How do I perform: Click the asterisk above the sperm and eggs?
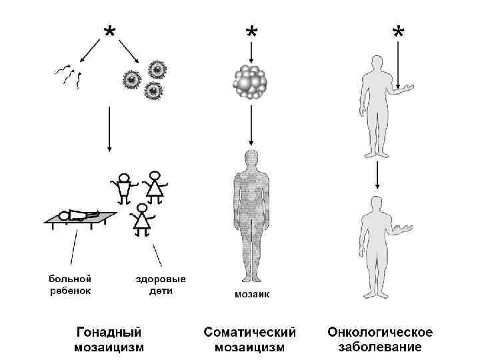(108, 31)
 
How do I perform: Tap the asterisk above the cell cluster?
(251, 33)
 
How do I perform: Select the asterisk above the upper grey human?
(398, 33)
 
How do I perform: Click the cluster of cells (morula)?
(251, 83)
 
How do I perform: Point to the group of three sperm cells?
(69, 75)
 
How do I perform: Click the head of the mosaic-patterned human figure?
(251, 159)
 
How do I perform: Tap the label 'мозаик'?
(251, 294)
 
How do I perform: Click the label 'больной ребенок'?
(69, 284)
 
